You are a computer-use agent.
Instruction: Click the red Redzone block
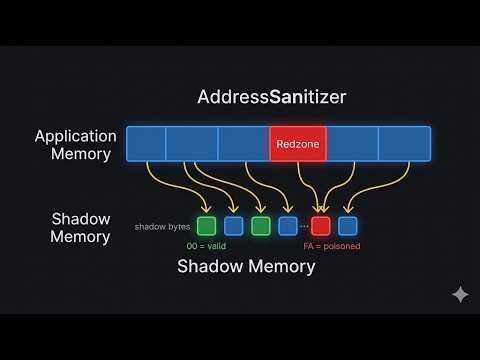coord(298,145)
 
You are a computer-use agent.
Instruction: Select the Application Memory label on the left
coord(75,145)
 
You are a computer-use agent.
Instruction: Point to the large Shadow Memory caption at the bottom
coord(246,266)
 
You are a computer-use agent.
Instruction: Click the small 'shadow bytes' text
coord(163,227)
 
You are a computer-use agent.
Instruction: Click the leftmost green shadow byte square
coord(207,226)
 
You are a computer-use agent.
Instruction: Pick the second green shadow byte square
coord(261,226)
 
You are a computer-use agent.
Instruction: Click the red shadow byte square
coord(321,226)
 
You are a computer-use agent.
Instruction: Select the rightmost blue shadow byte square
coord(348,226)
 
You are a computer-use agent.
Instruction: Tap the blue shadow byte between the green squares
coord(234,226)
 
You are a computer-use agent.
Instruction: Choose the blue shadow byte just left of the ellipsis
coord(288,226)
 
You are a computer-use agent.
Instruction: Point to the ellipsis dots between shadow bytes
coord(304,227)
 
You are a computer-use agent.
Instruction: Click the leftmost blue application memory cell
coord(146,145)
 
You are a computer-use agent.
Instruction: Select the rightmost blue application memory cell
coord(404,145)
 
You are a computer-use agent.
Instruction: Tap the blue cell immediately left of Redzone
coord(244,145)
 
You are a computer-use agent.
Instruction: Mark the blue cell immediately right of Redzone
coord(352,145)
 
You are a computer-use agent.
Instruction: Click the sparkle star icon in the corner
coord(460,295)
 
